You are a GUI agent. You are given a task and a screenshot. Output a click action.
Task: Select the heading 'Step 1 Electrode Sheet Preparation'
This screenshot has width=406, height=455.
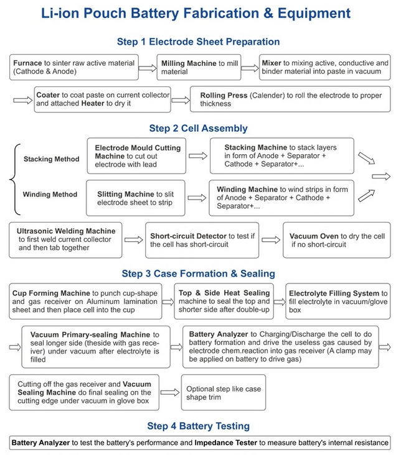[x=198, y=42]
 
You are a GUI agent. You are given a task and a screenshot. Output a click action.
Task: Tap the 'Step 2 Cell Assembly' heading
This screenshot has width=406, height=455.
[x=198, y=129]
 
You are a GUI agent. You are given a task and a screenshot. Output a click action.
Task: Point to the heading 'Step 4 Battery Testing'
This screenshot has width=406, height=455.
[x=198, y=426]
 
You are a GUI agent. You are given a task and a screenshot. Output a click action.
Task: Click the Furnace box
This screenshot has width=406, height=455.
[x=74, y=67]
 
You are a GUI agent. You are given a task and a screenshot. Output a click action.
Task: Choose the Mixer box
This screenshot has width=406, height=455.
[x=324, y=67]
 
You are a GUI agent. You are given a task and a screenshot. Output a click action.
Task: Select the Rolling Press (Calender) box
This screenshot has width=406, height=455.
[x=290, y=99]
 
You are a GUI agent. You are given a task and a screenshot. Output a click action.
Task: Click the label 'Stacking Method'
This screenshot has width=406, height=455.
[x=52, y=159]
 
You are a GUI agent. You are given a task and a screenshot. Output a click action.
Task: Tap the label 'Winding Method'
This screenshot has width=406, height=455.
[x=50, y=195]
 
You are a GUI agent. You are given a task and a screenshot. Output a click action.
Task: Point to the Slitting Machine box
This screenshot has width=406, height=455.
[x=135, y=198]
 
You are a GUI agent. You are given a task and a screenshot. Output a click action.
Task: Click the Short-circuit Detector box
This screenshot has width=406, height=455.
[x=203, y=241]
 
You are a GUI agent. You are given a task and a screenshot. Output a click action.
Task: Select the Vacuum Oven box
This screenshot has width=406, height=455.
[x=336, y=241]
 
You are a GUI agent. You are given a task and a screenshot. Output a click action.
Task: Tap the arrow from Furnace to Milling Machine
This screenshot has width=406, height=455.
[x=148, y=68]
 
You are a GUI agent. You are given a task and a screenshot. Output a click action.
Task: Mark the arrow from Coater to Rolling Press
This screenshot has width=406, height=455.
[x=180, y=100]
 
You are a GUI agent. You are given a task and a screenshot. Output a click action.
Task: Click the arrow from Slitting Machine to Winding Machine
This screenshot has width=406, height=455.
[x=197, y=198]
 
